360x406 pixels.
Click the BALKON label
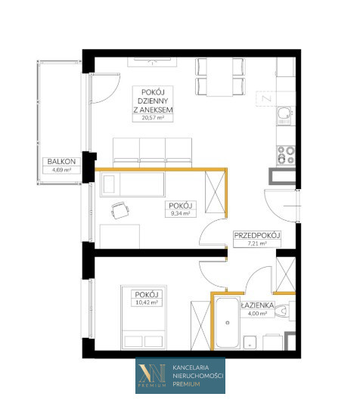point(61,162)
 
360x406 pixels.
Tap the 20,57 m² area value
point(153,118)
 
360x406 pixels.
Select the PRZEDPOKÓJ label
point(257,235)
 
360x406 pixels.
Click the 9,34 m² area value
point(180,214)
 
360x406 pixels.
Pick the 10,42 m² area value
point(147,302)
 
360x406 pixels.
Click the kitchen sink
point(284,116)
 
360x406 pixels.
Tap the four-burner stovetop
point(286,155)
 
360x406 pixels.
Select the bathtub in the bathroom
point(228,323)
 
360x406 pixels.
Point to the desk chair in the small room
point(120,210)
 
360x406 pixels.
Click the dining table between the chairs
point(219,77)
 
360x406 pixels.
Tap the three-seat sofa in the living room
point(152,153)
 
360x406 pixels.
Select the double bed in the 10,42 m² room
point(144,318)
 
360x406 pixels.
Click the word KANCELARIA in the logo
point(191,367)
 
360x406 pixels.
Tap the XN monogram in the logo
point(152,373)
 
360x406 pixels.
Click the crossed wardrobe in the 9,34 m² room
point(216,192)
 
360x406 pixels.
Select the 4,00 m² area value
point(257,313)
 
